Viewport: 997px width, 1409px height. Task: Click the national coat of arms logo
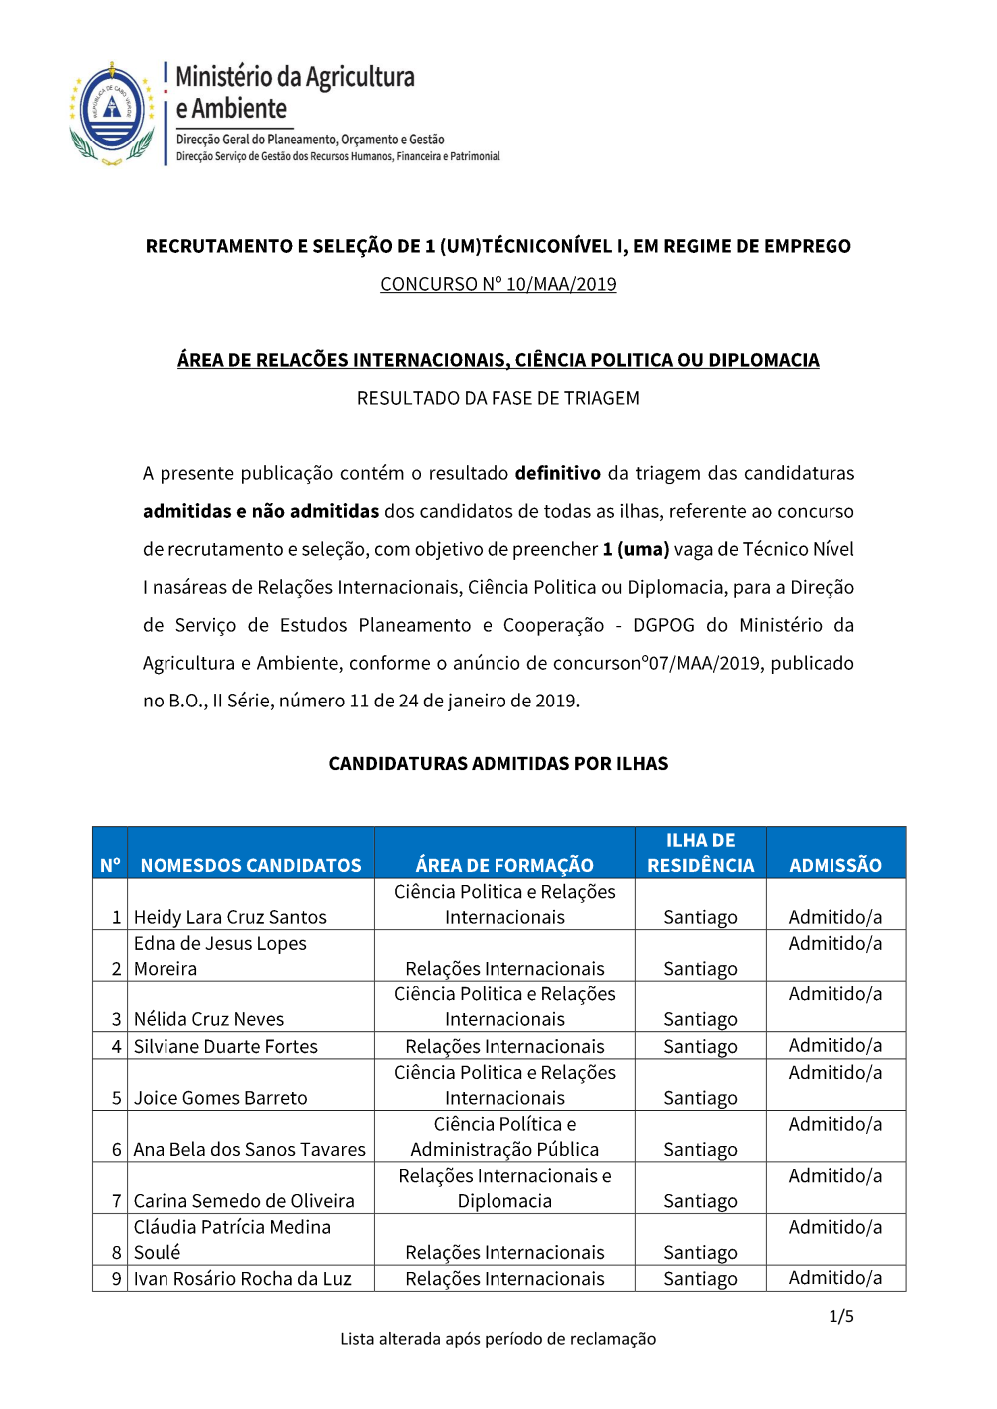112,113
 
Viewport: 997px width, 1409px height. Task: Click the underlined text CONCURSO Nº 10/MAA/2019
498,284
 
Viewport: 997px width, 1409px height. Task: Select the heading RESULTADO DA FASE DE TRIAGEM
498,398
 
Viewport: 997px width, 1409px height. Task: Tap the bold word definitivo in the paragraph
557,473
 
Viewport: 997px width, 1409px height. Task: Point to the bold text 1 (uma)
635,549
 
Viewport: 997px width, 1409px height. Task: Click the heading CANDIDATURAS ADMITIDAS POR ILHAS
498,764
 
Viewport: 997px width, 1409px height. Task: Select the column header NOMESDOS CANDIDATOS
250,865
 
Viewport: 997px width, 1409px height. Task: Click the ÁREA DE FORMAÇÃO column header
504,865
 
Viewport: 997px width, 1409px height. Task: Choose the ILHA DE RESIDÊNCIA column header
700,853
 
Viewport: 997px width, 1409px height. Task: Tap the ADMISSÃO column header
834,865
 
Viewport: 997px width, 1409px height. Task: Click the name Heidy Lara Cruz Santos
229,917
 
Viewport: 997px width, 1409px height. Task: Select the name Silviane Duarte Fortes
225,1046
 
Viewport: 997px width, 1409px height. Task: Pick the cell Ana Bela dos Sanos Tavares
249,1149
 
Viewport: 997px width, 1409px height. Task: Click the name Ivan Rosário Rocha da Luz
242,1278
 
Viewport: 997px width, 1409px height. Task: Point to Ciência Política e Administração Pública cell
504,1137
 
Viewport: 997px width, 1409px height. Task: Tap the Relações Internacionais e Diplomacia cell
504,1188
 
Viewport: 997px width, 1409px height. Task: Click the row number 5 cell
116,1098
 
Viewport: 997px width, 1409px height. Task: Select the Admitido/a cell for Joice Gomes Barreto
834,1073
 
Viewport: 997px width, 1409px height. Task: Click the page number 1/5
840,1317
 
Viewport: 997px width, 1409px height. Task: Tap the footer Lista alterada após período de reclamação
498,1339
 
